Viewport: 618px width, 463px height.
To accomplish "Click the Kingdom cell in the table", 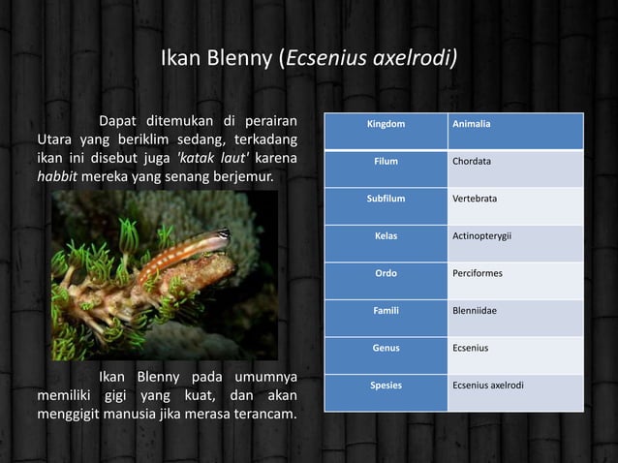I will pyautogui.click(x=385, y=125).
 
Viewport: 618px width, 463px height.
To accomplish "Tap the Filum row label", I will pyautogui.click(x=386, y=162).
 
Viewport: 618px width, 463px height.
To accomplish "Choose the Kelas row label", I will pyautogui.click(x=386, y=235).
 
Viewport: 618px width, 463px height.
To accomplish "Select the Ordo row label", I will pyautogui.click(x=386, y=273).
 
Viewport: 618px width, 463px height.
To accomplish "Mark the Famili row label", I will pyautogui.click(x=386, y=311).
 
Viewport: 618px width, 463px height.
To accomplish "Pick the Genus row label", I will pyautogui.click(x=386, y=348).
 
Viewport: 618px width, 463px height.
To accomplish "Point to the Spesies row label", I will pyautogui.click(x=386, y=386).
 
